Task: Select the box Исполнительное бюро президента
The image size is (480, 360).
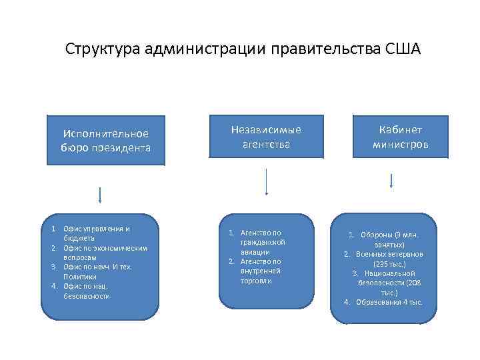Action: point(105,141)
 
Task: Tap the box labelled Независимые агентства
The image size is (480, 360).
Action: point(266,137)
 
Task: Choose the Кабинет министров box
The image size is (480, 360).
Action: point(400,137)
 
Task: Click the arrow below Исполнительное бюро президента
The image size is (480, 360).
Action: point(99,195)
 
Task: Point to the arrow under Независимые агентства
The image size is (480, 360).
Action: point(267,181)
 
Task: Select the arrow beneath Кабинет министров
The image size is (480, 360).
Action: point(391,181)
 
